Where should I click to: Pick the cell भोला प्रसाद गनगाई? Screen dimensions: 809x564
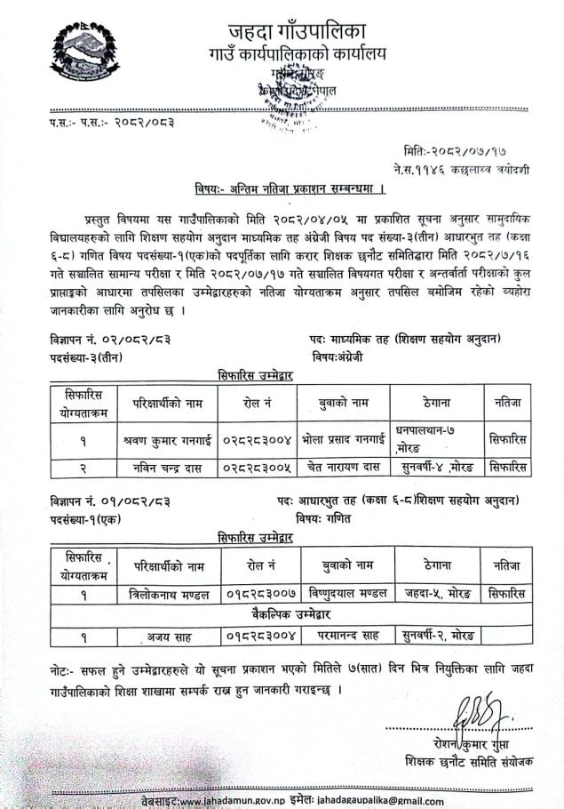(346, 440)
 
